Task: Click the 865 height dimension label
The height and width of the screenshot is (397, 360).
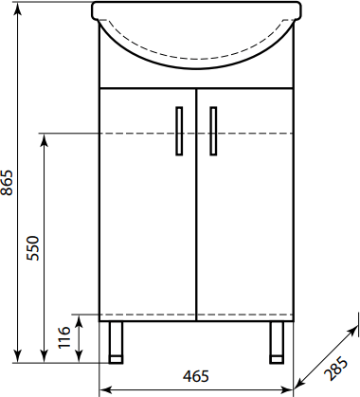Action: (x=7, y=183)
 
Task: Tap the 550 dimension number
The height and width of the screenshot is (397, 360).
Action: (x=33, y=248)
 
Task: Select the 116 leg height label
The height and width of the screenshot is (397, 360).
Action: (x=64, y=337)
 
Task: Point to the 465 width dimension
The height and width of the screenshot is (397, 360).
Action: (x=196, y=376)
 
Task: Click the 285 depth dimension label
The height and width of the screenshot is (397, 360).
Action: (x=335, y=369)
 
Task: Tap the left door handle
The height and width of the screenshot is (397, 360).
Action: (x=179, y=131)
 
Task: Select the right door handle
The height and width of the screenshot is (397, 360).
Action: (x=213, y=131)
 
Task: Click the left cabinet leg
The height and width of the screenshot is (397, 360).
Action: (x=116, y=342)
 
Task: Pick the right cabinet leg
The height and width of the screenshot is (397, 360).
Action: (x=277, y=342)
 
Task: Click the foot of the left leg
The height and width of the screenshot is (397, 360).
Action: (x=116, y=360)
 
